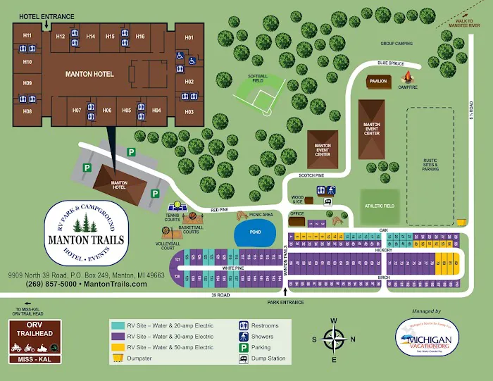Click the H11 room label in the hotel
click(x=27, y=36)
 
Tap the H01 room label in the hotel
click(x=189, y=37)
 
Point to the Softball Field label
click(x=258, y=77)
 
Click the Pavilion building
click(x=377, y=81)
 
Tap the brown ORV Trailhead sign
click(x=35, y=342)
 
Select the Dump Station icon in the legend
click(x=243, y=358)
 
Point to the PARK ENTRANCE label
click(x=285, y=302)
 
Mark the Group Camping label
click(x=396, y=43)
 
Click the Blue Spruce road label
click(x=390, y=63)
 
